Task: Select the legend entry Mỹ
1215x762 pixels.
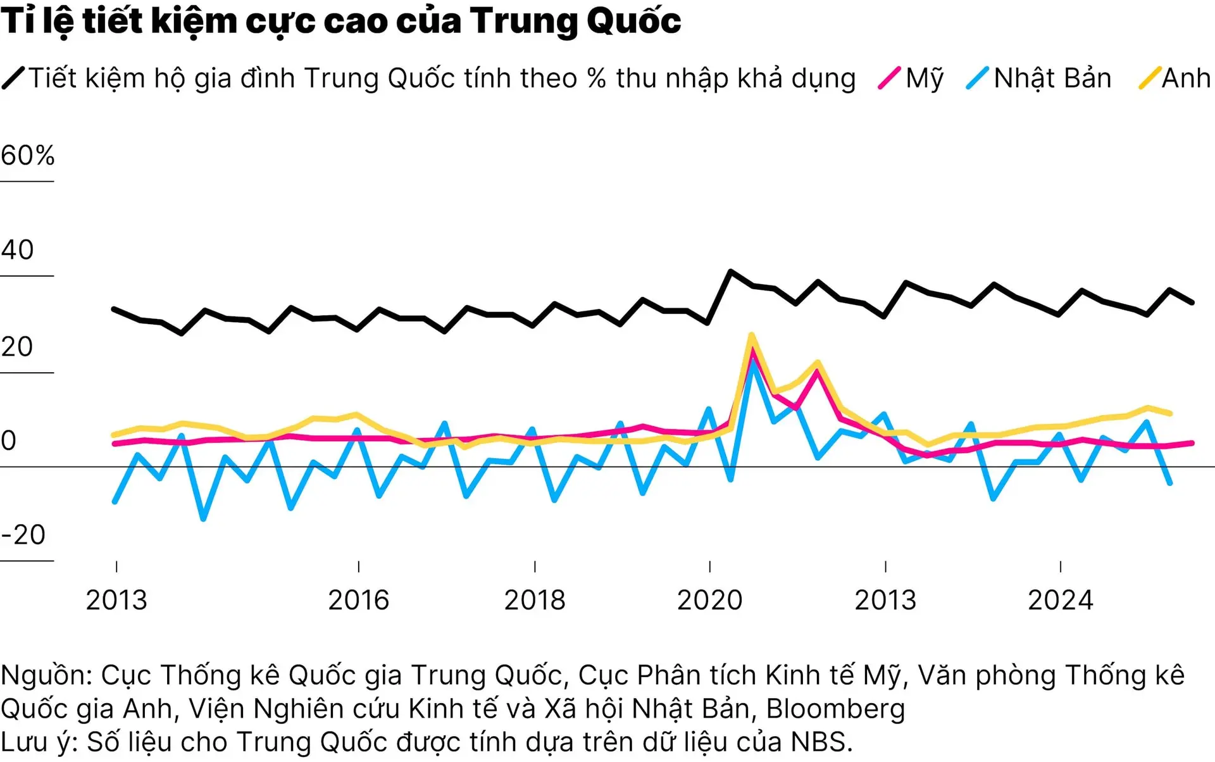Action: point(924,78)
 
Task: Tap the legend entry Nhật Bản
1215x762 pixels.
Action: point(1052,78)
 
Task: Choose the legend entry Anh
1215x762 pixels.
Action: point(1186,78)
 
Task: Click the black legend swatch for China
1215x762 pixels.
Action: point(13,78)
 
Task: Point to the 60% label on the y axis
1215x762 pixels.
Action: point(28,156)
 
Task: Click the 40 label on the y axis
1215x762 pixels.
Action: point(18,251)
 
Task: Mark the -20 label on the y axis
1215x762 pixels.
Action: point(23,535)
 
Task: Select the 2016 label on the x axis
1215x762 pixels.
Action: point(358,601)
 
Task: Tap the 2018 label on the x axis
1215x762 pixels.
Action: point(535,601)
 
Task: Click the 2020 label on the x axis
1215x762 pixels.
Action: point(709,601)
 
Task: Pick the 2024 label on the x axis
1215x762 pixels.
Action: point(1061,601)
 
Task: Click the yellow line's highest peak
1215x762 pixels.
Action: point(751,335)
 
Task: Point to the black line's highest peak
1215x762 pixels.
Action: point(730,272)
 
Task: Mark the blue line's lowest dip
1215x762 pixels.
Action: point(203,519)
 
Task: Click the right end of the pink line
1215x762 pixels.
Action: point(1192,443)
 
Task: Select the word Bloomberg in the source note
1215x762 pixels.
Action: point(835,709)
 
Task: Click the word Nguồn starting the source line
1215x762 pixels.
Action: point(46,676)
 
